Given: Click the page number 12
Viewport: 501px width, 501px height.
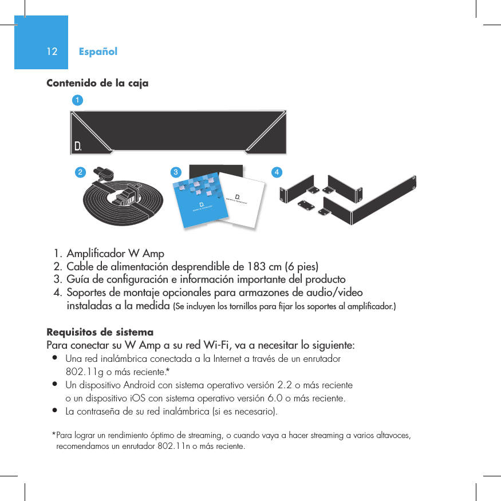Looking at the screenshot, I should coord(52,52).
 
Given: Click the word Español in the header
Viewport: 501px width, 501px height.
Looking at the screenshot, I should coord(98,52).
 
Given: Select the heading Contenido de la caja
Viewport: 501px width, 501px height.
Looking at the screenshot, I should coord(97,84).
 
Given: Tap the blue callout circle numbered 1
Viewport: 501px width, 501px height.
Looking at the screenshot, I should coord(76,100).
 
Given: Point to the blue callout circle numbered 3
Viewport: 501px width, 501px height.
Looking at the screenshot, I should coord(176,172).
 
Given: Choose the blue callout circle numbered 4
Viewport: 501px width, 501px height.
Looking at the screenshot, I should coord(277,172).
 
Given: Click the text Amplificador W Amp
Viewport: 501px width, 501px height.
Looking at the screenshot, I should coord(115,253).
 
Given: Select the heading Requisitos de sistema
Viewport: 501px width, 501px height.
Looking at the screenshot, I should coord(100,333).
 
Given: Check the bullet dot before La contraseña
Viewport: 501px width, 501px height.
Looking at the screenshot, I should coord(54,411).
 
